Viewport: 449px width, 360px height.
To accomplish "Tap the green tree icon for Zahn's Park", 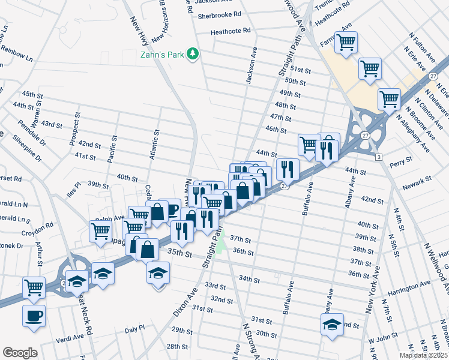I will [193, 55].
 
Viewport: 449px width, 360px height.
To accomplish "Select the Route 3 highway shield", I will [379, 157].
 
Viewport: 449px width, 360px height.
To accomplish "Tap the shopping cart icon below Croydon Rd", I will [100, 231].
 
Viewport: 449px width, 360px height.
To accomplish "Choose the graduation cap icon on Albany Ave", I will [332, 325].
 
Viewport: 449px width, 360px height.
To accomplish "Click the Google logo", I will [19, 353].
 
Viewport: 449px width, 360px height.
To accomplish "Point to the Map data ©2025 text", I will [423, 355].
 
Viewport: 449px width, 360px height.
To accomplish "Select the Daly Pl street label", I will [134, 329].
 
